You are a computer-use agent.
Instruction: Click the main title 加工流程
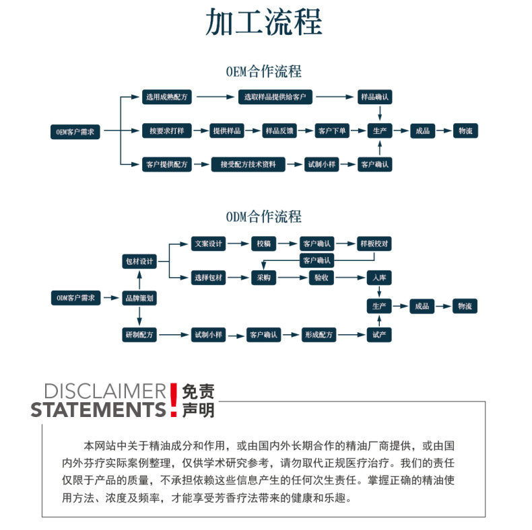click(264, 22)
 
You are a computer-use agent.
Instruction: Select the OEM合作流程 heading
click(264, 71)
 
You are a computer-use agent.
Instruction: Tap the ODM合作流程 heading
click(264, 217)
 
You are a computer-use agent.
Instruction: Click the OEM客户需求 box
click(77, 131)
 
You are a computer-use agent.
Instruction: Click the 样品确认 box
click(374, 97)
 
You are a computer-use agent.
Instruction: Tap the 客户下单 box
click(332, 131)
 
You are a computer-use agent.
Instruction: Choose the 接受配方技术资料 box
click(248, 164)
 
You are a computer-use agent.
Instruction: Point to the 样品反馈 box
click(279, 131)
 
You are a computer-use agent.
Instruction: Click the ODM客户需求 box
click(75, 297)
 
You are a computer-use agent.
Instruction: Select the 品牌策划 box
click(139, 297)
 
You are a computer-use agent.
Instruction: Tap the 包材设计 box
click(139, 261)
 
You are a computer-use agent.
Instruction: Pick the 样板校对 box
click(374, 243)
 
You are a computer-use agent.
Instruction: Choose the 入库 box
click(379, 277)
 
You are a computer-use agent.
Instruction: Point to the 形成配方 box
click(319, 334)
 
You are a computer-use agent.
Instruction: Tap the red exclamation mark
click(174, 400)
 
